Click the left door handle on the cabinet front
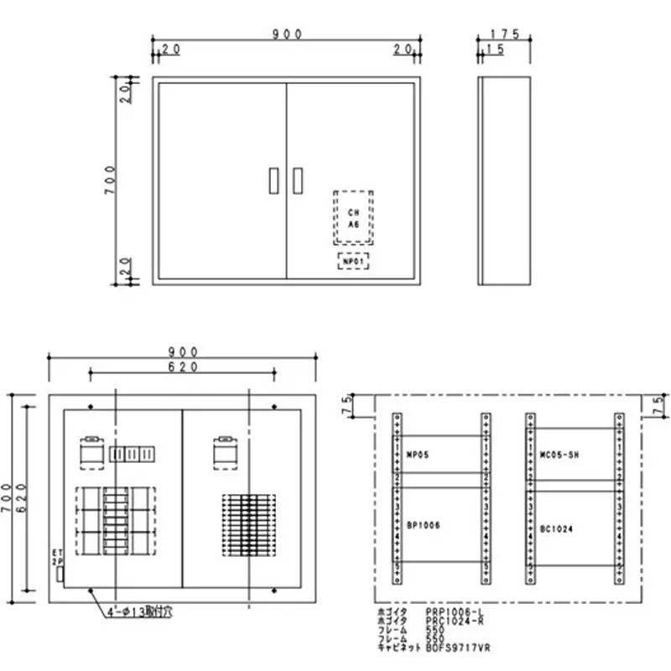271,180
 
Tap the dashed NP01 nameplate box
353,262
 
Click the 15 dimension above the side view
492,51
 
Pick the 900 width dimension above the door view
287,34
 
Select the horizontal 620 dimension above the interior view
181,367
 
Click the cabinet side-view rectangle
504,180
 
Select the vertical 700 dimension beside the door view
109,180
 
